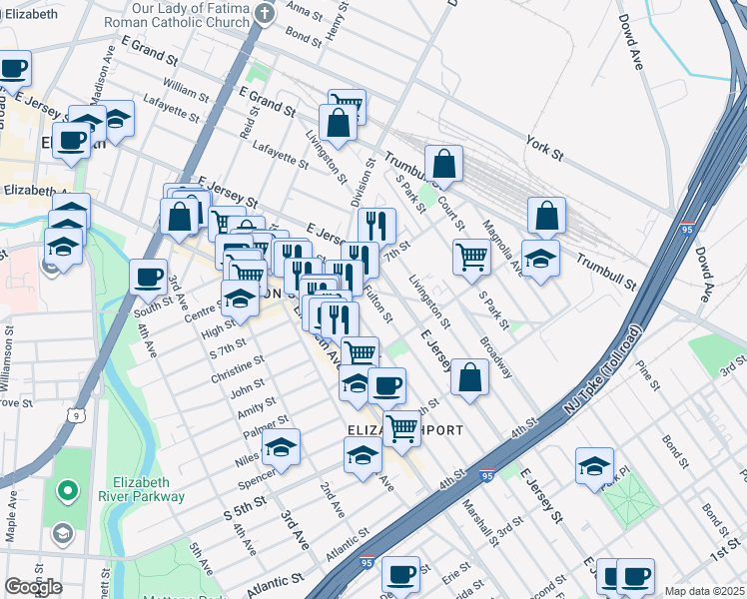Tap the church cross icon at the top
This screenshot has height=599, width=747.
tap(264, 13)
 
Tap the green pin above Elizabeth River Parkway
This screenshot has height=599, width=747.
tap(67, 490)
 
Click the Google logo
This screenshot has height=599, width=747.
tap(33, 587)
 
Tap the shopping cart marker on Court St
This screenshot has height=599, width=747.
tap(471, 257)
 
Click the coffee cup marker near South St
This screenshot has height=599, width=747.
tap(148, 277)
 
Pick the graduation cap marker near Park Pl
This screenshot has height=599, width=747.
tap(594, 465)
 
